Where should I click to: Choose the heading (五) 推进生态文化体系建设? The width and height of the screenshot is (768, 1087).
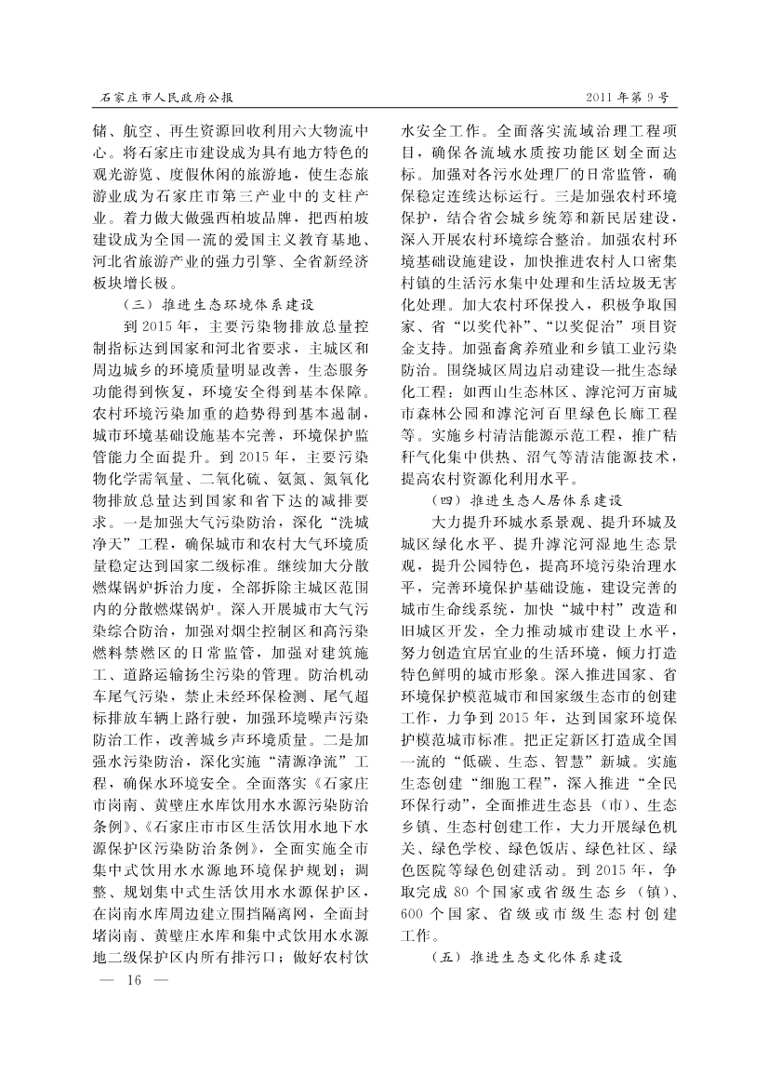click(x=525, y=955)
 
